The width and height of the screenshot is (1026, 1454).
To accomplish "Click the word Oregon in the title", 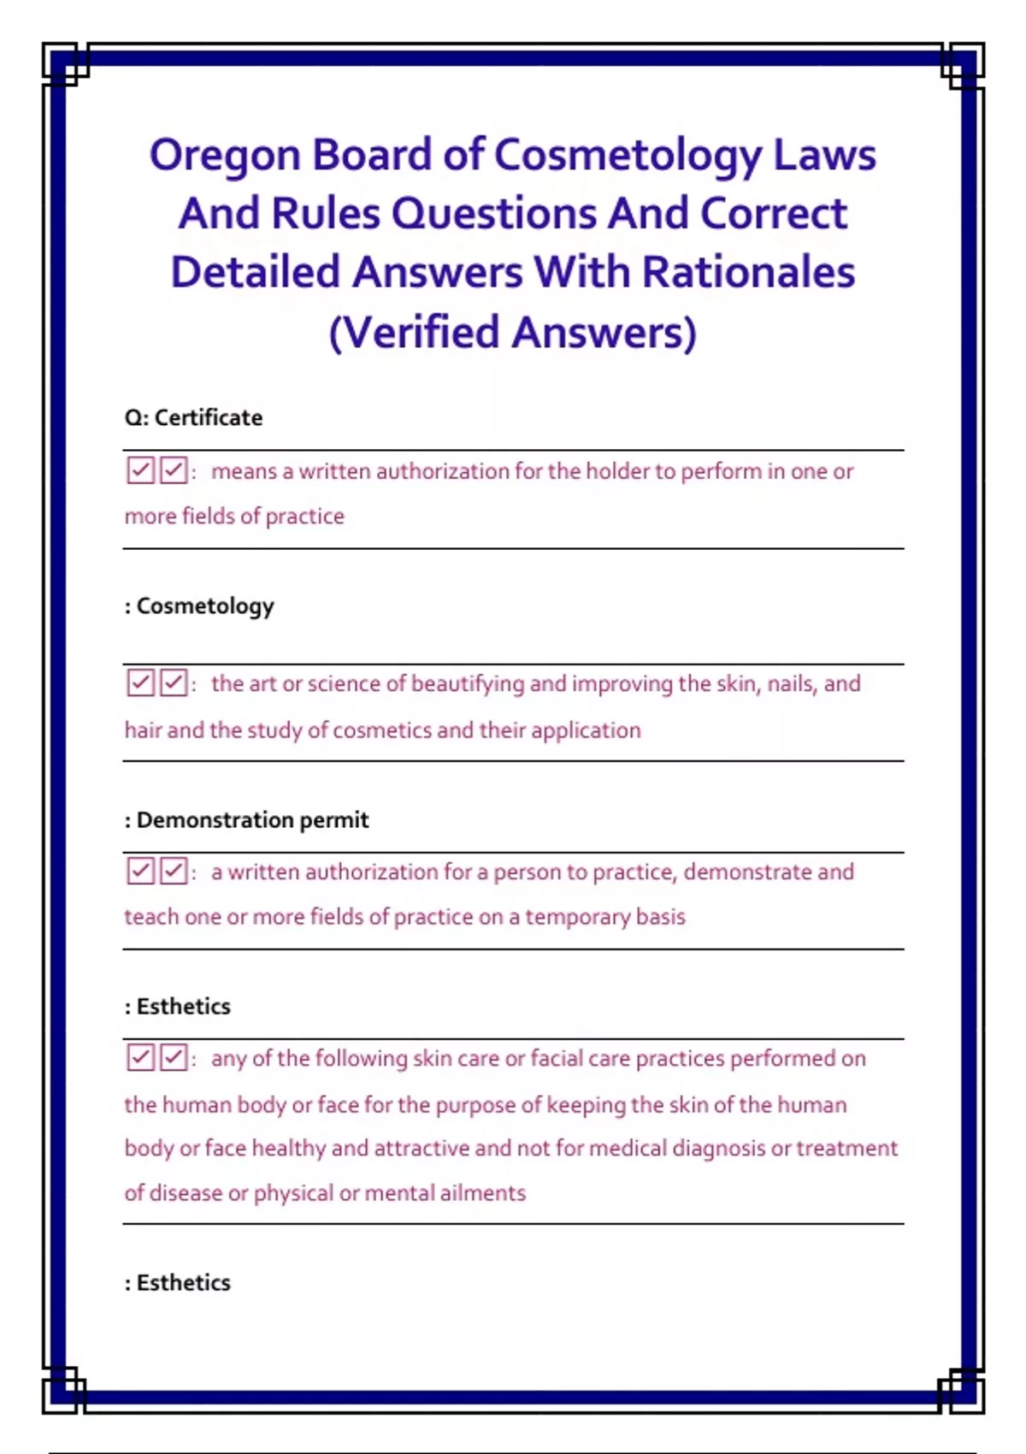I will (225, 157).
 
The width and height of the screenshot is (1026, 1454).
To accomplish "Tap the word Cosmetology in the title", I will (628, 157).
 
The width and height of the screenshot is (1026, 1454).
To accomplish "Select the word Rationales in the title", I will (748, 273).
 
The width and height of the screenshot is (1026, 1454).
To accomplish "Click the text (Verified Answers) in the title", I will (513, 332).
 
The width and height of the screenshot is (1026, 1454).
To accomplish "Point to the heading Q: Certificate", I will (194, 417).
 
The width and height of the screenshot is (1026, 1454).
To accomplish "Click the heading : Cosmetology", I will (199, 606).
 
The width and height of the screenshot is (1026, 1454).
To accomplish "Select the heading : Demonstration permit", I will (247, 819).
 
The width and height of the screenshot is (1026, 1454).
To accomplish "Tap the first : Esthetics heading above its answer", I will (178, 1006).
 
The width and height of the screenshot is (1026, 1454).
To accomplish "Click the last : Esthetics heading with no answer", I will (178, 1282).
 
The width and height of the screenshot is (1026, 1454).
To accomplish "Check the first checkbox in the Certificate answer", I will (140, 470).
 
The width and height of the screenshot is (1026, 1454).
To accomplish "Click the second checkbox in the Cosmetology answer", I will (174, 683).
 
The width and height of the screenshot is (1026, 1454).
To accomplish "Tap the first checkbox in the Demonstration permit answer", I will (140, 871).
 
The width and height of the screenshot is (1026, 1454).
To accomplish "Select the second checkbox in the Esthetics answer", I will (174, 1057).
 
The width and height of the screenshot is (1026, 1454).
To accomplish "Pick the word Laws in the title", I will (825, 157).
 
